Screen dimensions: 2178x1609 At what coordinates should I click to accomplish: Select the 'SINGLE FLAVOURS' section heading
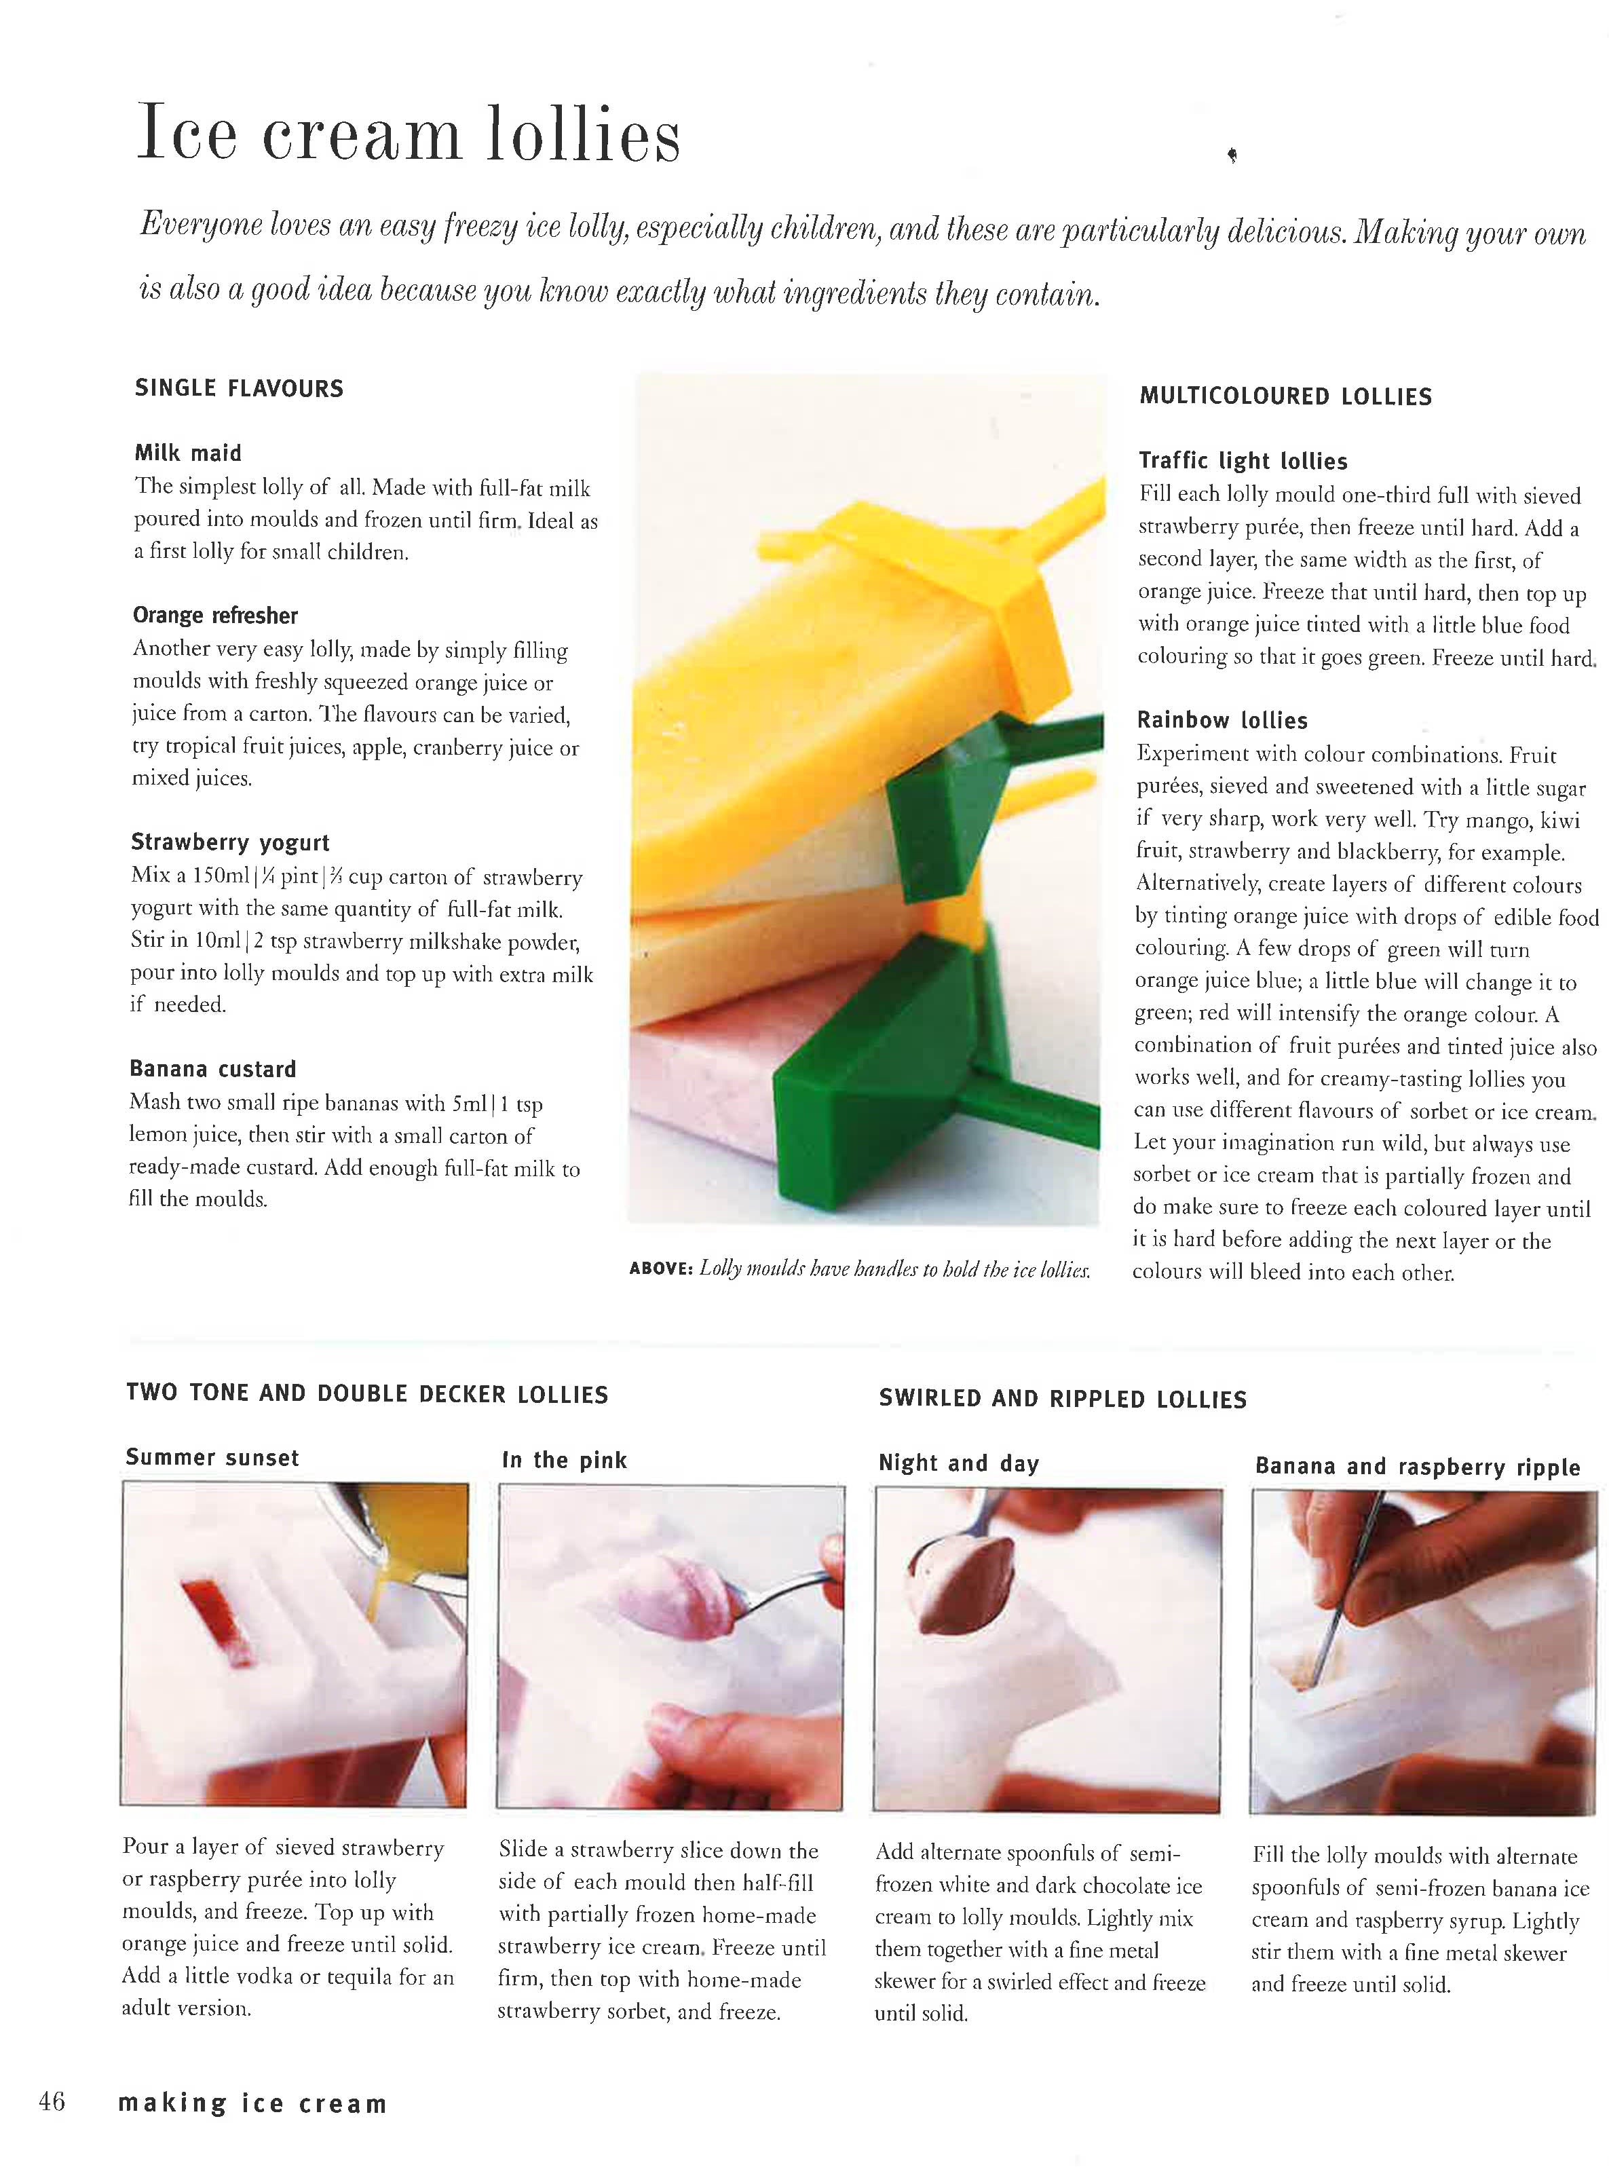(239, 389)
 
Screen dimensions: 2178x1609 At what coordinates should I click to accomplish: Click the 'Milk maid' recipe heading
(188, 453)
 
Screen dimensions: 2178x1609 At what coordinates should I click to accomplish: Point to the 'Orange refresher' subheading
(215, 616)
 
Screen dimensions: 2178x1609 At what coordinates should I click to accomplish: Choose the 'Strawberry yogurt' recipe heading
(230, 842)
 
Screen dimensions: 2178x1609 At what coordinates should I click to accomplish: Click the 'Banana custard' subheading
(212, 1070)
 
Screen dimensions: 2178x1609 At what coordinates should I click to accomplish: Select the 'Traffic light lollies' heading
(1243, 461)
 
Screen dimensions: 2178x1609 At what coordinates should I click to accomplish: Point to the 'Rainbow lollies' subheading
(1222, 721)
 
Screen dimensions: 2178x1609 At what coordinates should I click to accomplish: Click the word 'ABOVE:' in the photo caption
(660, 1269)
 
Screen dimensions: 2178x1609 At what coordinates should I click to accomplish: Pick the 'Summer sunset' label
(212, 1458)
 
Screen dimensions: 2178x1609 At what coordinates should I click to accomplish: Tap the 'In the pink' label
(564, 1460)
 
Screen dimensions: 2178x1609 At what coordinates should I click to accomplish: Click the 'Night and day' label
(958, 1463)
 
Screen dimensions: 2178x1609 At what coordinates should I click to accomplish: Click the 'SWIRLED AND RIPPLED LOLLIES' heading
(1061, 1400)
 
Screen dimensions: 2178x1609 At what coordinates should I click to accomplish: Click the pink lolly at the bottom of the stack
(701, 1101)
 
